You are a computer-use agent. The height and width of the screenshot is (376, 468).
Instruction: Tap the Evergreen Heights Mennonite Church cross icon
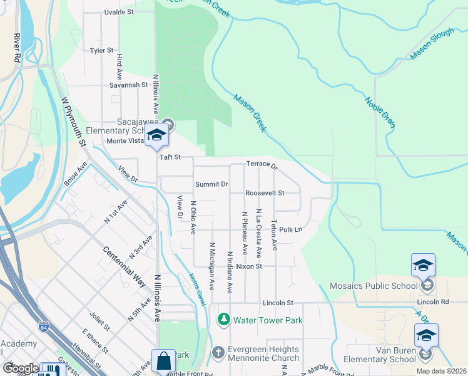click(x=218, y=352)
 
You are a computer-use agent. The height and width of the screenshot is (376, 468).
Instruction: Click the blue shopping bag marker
click(x=163, y=362)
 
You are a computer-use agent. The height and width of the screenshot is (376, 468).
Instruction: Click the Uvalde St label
click(x=120, y=11)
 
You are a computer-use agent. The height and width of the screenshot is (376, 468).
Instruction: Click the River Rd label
click(x=15, y=47)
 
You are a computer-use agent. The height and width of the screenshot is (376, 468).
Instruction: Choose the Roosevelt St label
click(x=265, y=193)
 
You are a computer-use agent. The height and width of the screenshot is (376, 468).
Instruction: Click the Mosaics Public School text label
click(x=373, y=286)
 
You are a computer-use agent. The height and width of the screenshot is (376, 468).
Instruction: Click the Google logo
click(x=21, y=368)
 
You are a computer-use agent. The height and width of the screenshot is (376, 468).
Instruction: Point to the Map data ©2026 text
click(x=440, y=371)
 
